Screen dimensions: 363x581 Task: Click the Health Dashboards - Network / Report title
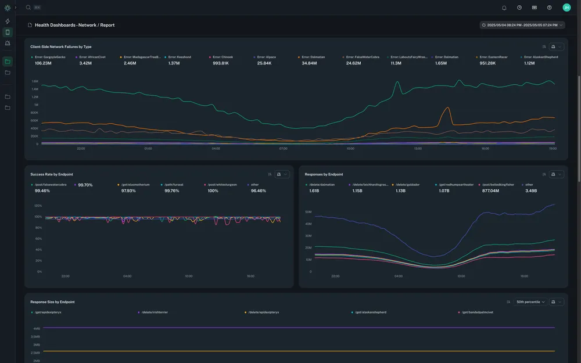74,25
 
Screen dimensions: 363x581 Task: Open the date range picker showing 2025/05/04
522,25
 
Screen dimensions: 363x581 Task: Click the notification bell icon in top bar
504,8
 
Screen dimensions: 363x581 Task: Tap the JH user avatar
566,8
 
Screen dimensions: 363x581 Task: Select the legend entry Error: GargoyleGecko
50,57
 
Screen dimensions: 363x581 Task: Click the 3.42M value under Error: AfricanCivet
85,63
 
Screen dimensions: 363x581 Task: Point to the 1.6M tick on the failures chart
35,81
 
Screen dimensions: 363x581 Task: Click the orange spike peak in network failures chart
447,107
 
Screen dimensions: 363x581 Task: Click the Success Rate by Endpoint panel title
52,174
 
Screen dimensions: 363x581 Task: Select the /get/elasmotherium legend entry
135,185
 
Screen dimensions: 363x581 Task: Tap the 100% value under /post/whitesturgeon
213,191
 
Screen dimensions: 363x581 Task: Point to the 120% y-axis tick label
38,206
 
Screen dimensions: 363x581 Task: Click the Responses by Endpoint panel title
324,174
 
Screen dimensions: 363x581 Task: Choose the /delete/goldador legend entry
409,185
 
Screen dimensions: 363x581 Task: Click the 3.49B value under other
531,191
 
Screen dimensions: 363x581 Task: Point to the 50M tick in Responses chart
309,212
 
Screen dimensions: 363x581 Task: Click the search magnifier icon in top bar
28,8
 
